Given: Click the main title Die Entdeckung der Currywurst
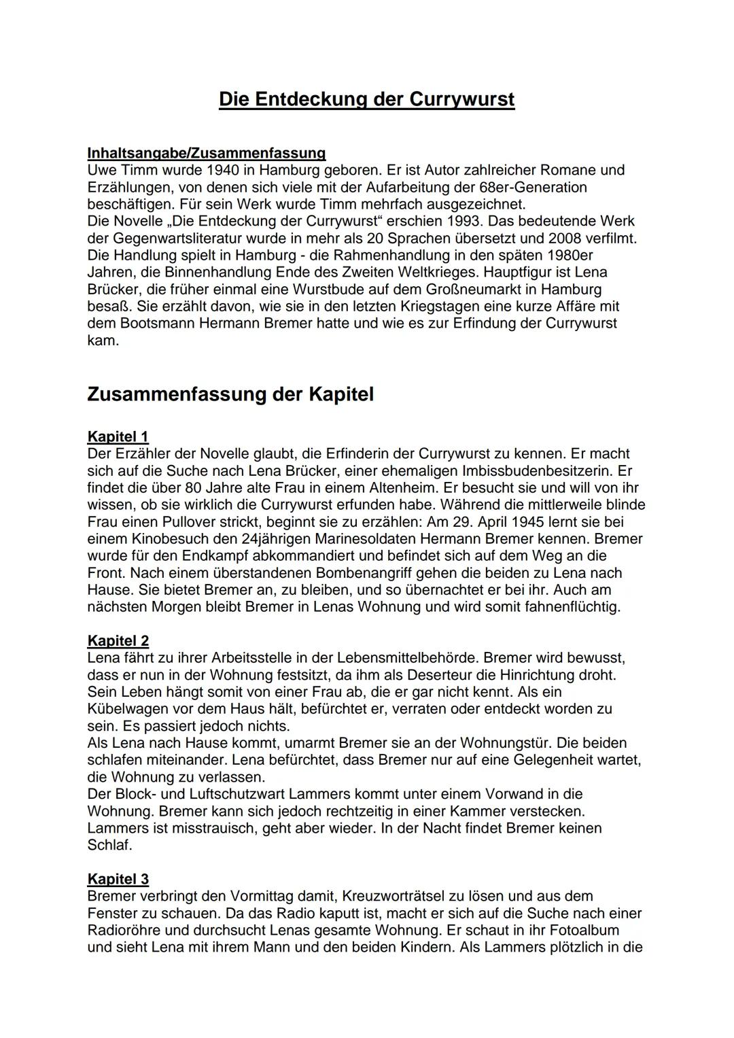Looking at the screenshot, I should click(x=366, y=99).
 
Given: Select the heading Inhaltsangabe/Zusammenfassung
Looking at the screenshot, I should click(x=206, y=153).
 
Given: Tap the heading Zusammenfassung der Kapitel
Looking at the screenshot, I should click(x=230, y=394).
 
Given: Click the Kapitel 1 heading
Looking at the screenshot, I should click(x=118, y=436).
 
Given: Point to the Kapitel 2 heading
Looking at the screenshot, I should click(x=118, y=640).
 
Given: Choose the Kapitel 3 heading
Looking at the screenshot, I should click(x=118, y=879).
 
